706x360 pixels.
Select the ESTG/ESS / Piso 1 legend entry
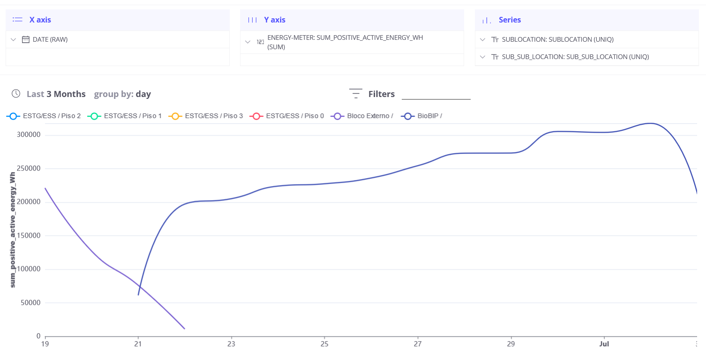125,116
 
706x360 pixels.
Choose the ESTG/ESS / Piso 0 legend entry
287,116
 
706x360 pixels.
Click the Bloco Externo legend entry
362,116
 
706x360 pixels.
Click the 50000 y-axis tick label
30,303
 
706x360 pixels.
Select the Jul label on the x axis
604,344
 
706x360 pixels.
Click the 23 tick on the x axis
231,344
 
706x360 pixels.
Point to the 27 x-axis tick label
418,344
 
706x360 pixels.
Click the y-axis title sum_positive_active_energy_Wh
13,230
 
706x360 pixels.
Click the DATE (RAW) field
50,39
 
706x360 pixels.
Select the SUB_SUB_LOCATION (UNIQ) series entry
575,57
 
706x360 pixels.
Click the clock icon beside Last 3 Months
16,94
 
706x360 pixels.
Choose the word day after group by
143,94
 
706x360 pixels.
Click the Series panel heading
510,20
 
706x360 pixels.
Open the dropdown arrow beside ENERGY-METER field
248,42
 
